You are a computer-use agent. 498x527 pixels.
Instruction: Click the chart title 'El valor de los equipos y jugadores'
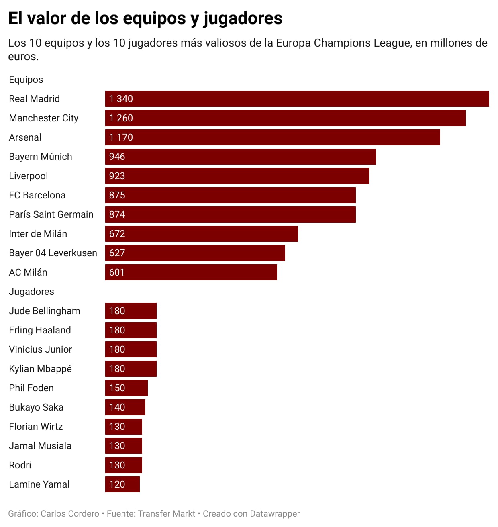click(x=145, y=18)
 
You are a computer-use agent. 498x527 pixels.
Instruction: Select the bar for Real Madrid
click(x=297, y=99)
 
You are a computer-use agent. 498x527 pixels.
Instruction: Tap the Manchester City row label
click(x=43, y=118)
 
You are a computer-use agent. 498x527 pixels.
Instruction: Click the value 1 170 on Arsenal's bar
click(x=121, y=137)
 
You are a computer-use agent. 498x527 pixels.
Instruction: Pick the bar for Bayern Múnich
click(x=240, y=157)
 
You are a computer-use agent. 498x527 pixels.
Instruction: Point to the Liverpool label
click(x=28, y=176)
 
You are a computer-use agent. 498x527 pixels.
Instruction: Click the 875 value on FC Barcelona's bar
click(x=117, y=195)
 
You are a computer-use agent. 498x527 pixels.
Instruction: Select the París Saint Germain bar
click(x=230, y=214)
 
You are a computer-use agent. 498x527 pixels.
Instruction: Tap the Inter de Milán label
click(x=38, y=234)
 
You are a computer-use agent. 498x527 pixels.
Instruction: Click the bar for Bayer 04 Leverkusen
click(x=195, y=253)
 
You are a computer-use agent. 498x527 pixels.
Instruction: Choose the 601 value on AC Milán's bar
click(x=117, y=272)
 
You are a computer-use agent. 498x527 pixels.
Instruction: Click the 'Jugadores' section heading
click(x=31, y=292)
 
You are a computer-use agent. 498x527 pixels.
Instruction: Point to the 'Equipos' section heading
click(x=26, y=80)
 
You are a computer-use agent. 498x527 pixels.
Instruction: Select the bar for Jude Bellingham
click(x=131, y=311)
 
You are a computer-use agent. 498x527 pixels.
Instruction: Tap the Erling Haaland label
click(x=40, y=330)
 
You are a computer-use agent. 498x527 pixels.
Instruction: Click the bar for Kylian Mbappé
click(x=131, y=369)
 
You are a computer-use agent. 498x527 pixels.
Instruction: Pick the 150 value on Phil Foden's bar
click(x=117, y=388)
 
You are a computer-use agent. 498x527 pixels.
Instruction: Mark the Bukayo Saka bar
click(x=125, y=407)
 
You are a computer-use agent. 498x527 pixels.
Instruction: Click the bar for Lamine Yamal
click(x=122, y=484)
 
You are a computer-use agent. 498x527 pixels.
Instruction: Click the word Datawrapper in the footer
click(x=275, y=514)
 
